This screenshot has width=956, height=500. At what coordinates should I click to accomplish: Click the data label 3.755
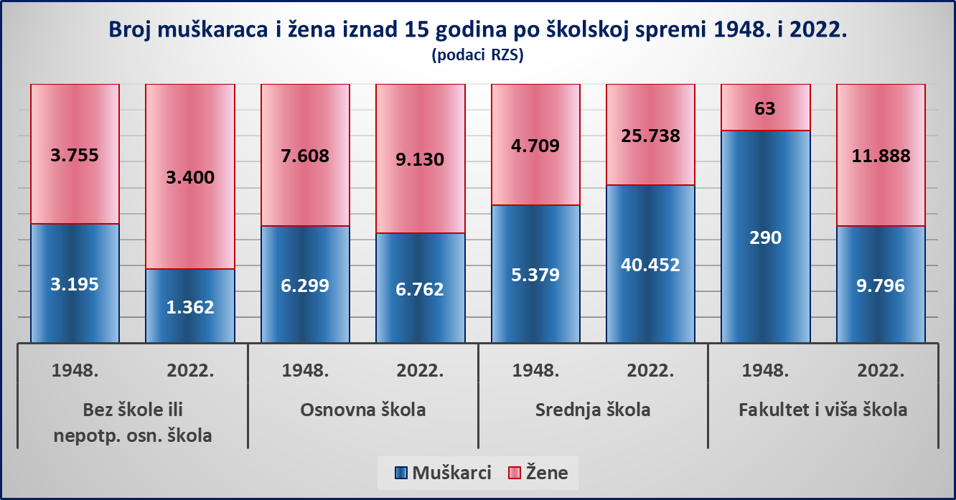75,155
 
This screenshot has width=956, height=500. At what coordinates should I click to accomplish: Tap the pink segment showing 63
765,108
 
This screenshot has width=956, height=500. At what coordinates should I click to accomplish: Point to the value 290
765,237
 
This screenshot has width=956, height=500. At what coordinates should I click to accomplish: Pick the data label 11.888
880,156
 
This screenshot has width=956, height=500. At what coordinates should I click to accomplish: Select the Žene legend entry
538,473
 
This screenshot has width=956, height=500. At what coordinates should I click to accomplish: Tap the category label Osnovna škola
362,410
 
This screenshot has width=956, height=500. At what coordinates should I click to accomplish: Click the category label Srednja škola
593,410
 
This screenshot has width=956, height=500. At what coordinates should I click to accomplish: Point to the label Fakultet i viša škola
823,410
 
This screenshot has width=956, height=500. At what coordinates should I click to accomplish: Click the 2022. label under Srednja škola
650,371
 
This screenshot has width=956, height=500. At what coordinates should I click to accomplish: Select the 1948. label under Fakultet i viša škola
765,371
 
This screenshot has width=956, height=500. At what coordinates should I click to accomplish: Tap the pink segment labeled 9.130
420,159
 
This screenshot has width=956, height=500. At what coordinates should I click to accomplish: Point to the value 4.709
535,146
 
